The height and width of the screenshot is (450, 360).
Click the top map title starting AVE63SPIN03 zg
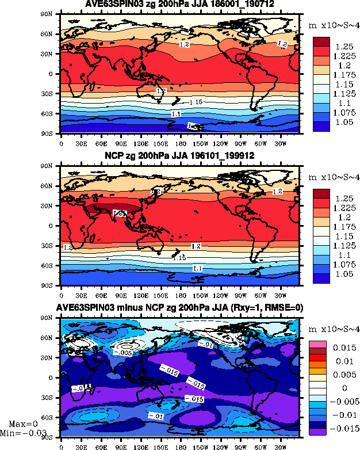179,5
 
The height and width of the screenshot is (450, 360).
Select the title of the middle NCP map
179,156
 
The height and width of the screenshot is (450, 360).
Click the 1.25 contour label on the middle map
120,213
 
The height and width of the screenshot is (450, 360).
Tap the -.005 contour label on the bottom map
125,352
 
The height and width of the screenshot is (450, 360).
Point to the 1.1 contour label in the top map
177,114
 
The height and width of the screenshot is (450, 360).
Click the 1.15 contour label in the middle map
179,257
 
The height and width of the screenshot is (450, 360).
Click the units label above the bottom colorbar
333,330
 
